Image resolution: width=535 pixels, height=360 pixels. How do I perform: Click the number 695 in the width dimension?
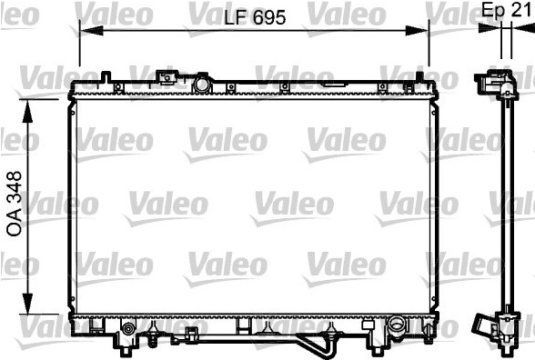click(269, 17)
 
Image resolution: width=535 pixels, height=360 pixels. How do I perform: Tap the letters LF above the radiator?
click(236, 17)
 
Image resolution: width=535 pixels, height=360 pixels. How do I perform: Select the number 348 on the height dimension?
click(15, 188)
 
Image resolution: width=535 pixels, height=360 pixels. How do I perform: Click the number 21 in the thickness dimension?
click(520, 9)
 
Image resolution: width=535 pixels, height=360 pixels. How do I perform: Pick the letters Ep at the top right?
click(493, 11)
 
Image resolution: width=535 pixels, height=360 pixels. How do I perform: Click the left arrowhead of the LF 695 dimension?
click(91, 31)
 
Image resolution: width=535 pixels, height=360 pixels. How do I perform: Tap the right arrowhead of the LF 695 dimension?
click(417, 31)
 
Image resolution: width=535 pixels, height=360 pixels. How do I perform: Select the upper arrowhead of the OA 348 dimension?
click(27, 112)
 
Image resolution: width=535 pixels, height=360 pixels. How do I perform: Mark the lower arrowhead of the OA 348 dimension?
click(27, 303)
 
